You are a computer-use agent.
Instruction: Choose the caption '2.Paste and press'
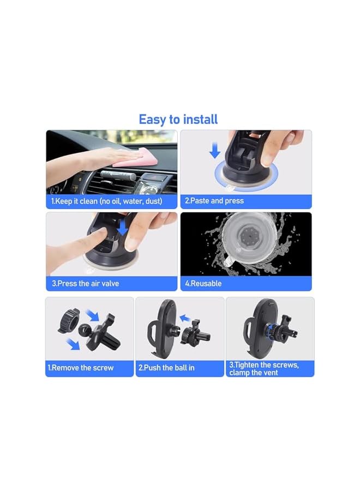pos(214,201)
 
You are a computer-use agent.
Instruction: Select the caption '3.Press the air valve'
pos(85,284)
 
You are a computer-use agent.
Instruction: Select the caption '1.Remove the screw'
pos(81,368)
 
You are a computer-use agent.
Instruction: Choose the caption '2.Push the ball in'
pos(166,368)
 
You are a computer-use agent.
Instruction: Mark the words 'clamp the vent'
pos(254,373)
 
